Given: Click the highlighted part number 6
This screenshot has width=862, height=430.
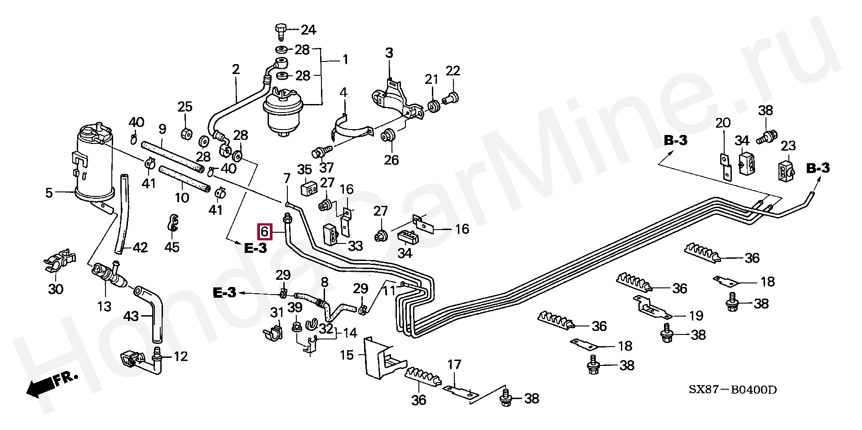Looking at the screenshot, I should (x=264, y=231).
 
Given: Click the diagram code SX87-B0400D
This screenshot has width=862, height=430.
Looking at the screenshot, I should (x=733, y=390).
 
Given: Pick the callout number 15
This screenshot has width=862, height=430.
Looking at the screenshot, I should (x=347, y=356).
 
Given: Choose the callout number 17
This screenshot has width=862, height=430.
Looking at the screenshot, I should (x=454, y=364).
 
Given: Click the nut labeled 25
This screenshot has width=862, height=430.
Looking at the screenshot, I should (x=186, y=134).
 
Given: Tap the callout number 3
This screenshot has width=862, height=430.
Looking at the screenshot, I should (x=389, y=53).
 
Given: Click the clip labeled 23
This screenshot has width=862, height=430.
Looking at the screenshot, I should (x=786, y=170).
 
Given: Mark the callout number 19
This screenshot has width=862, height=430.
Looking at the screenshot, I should (x=696, y=315).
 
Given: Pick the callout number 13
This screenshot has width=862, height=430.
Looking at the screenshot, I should (x=104, y=306).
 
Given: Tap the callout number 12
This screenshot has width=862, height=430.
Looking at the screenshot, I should (x=180, y=357).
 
